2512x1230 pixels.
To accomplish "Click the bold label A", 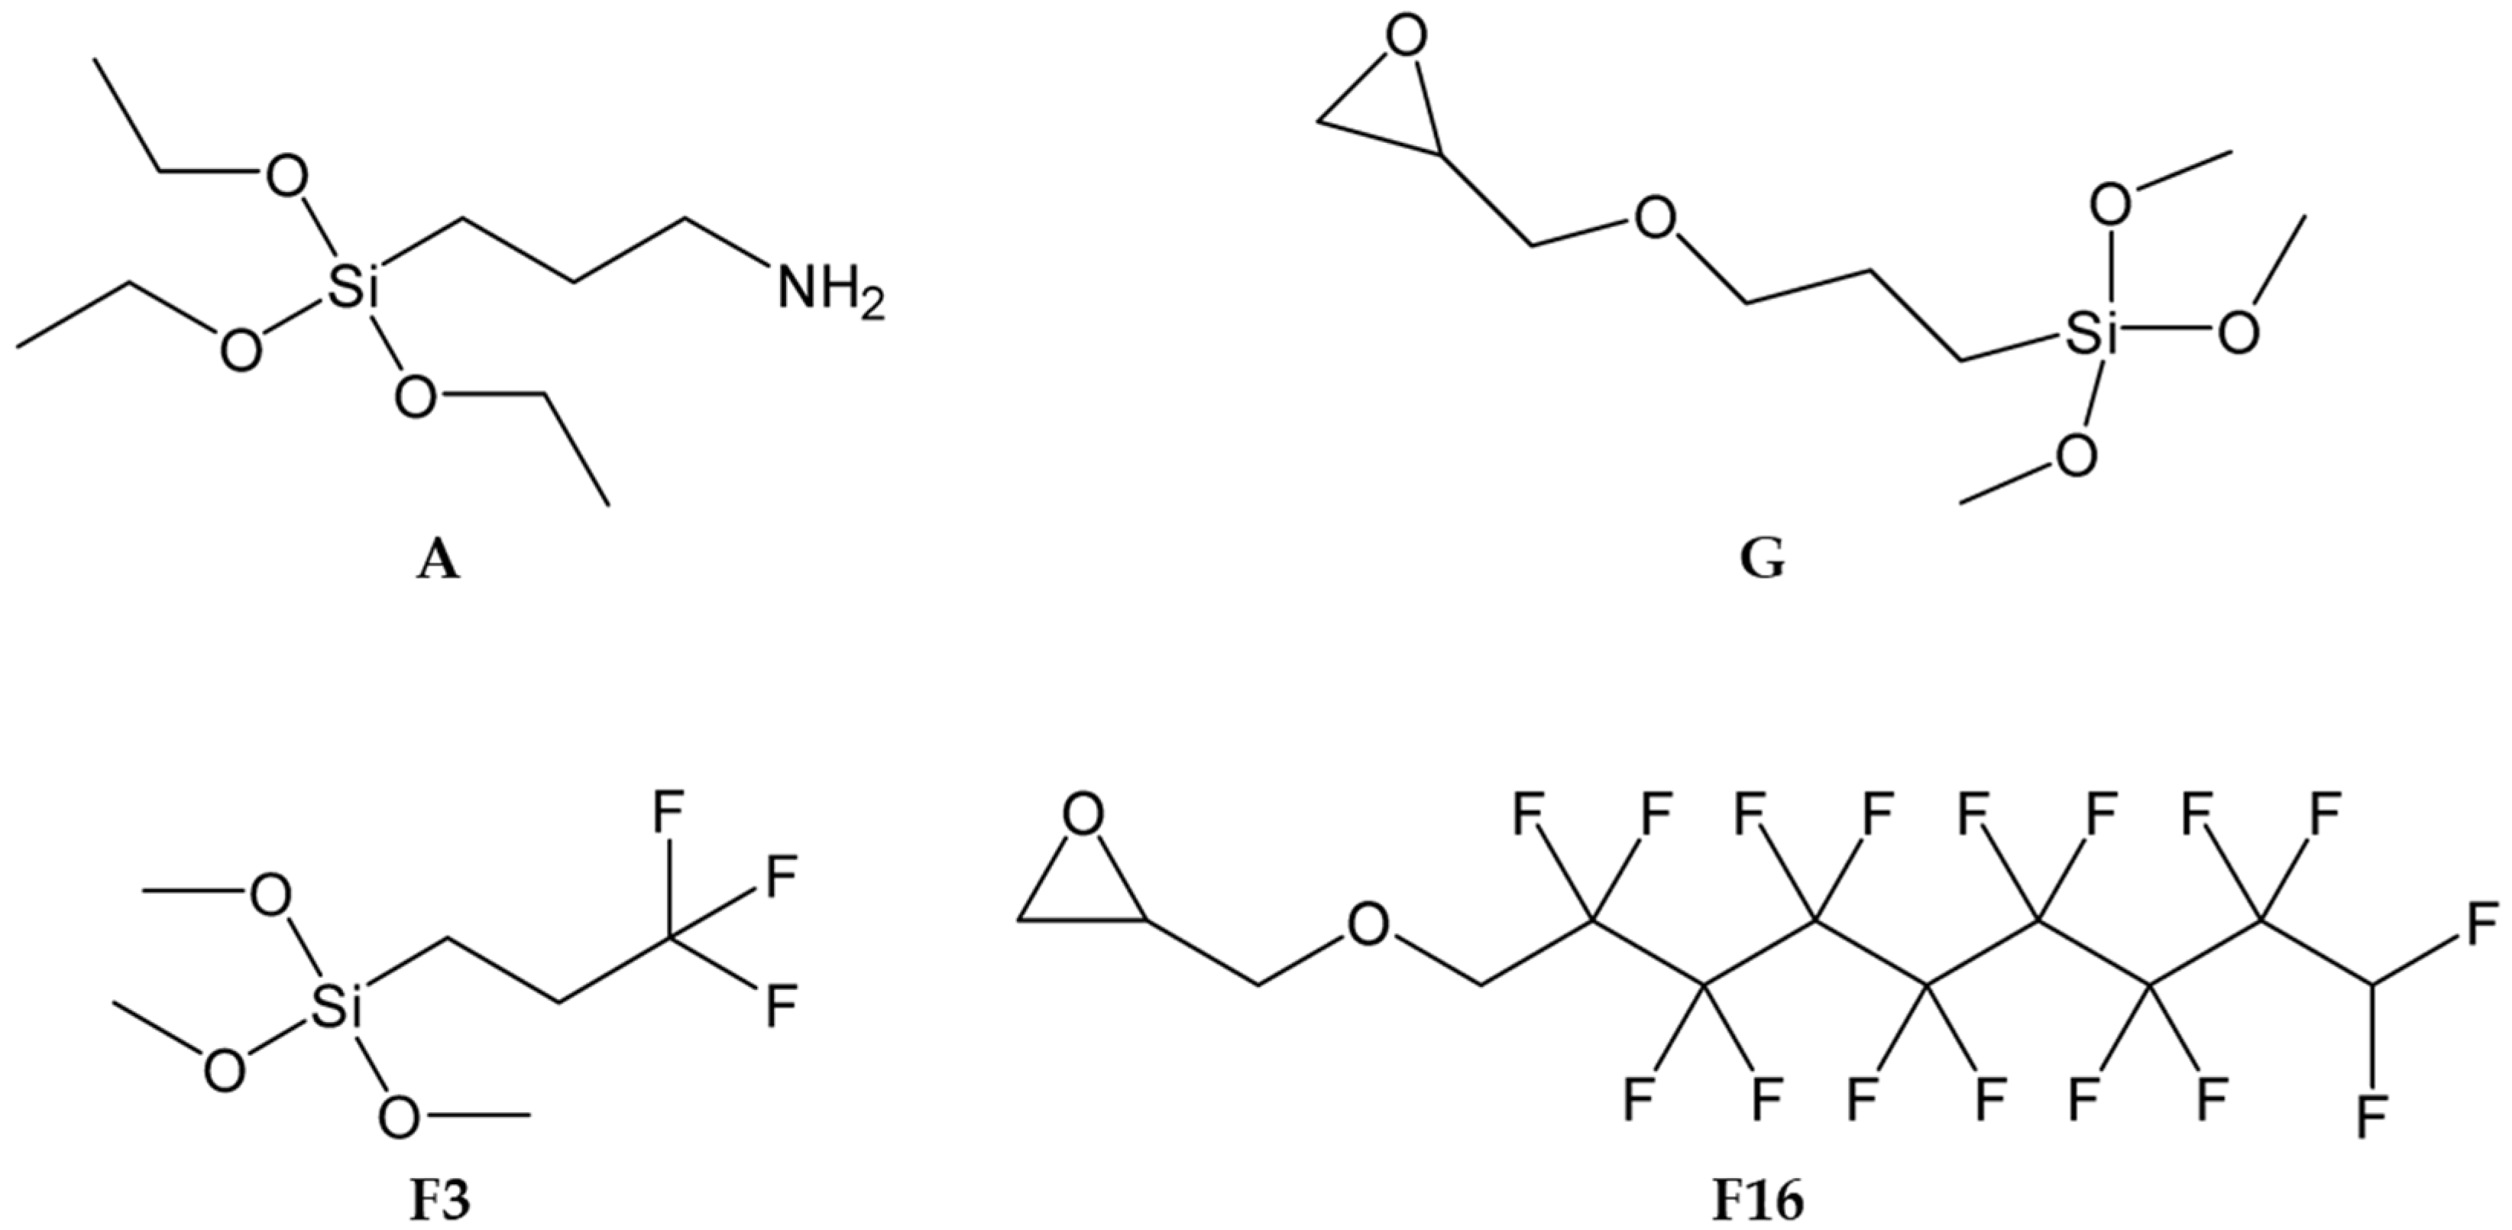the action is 437,563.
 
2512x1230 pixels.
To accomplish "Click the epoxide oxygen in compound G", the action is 1407,39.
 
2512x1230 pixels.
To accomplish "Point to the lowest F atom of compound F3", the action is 780,1006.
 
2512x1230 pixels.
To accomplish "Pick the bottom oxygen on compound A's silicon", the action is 416,396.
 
